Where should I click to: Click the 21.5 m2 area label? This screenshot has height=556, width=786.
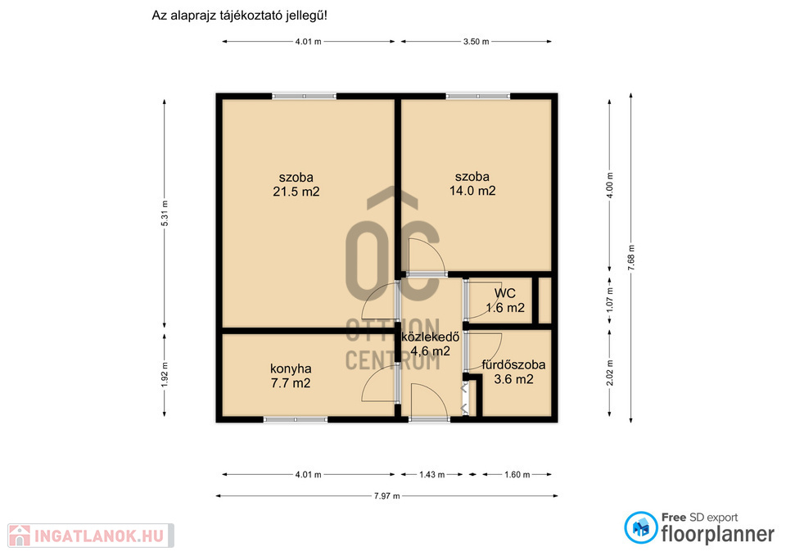[296, 192]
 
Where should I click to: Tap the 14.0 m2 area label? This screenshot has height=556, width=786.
[472, 191]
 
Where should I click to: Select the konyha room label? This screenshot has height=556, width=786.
[291, 369]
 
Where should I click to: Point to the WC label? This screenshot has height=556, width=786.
[505, 293]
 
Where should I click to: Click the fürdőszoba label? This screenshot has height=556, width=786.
[513, 364]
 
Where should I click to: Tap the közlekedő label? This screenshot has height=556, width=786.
[430, 337]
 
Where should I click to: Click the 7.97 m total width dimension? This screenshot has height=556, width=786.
[387, 496]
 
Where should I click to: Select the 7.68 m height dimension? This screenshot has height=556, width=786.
[631, 258]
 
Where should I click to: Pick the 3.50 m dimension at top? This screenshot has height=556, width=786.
[477, 42]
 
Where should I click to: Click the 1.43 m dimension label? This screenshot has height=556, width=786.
[432, 474]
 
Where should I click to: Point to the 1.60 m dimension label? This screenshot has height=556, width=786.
[517, 474]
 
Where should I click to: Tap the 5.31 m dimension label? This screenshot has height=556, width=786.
[165, 213]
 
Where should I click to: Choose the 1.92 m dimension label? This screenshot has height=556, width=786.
[165, 375]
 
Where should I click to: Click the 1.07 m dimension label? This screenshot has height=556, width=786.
[609, 300]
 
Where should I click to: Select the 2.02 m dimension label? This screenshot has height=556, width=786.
[609, 373]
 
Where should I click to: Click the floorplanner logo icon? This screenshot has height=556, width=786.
[640, 527]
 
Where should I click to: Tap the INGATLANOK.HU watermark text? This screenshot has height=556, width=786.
[99, 536]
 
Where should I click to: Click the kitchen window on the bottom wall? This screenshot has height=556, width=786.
[296, 419]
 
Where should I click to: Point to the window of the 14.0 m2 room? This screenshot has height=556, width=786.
[477, 96]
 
